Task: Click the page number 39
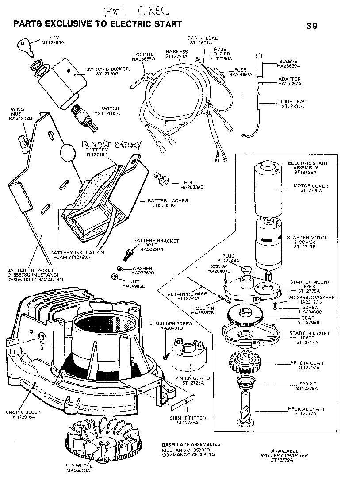312,25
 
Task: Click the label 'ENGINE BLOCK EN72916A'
23,414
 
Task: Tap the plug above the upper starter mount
247,270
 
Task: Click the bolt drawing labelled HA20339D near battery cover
161,178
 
